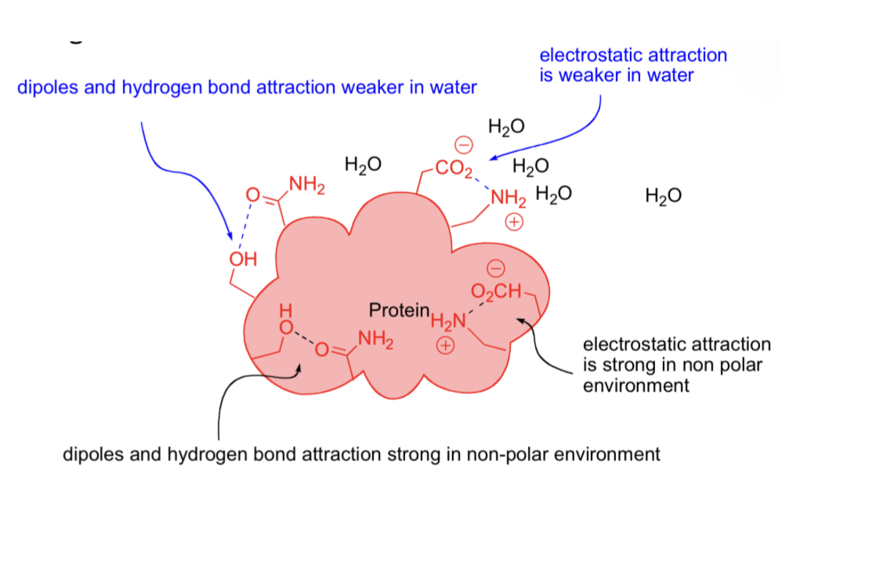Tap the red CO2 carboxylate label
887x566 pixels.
(x=454, y=167)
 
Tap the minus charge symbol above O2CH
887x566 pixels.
(x=495, y=269)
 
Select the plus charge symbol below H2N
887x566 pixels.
(x=446, y=345)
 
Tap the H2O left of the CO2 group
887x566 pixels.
(x=363, y=165)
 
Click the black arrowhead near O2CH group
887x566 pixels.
(x=518, y=320)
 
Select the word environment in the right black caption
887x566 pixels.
(x=636, y=386)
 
